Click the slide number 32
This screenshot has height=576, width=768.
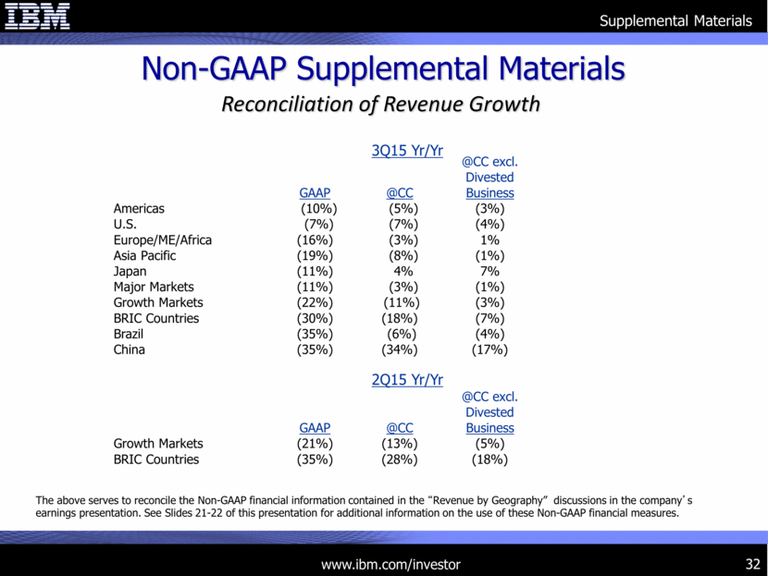point(750,564)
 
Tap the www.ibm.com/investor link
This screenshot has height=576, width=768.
point(390,564)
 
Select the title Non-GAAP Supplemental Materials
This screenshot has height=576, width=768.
point(383,68)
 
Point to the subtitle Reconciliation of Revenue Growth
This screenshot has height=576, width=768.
point(380,104)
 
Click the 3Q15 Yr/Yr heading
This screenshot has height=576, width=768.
point(407,151)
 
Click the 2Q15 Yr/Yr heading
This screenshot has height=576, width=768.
point(407,380)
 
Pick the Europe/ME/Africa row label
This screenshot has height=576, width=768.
point(163,240)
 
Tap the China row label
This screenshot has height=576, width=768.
point(130,349)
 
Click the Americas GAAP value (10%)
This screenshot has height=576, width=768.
point(312,209)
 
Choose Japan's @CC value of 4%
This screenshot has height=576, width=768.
point(401,271)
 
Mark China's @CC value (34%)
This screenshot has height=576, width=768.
point(400,349)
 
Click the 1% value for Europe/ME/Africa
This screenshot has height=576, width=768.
point(489,240)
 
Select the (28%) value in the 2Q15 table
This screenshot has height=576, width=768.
point(400,460)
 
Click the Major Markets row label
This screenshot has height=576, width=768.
point(154,287)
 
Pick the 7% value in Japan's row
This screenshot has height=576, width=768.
point(489,271)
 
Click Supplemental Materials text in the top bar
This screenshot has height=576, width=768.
point(675,20)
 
